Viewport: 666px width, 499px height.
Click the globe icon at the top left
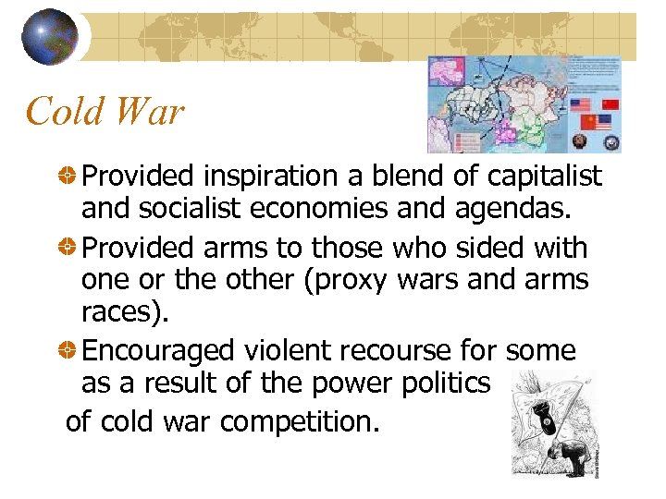(x=50, y=37)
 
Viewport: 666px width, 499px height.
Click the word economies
(x=351, y=209)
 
